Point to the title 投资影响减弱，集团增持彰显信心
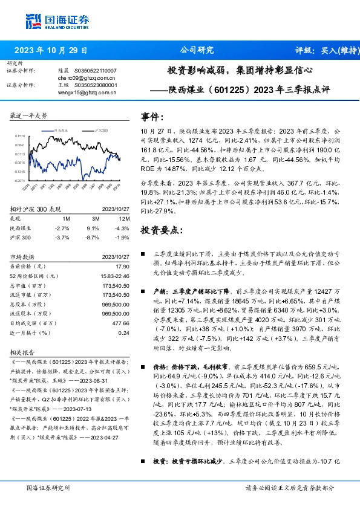pyautogui.click(x=240, y=70)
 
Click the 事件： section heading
pyautogui.click(x=152, y=117)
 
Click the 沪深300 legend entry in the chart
pyautogui.click(x=102, y=130)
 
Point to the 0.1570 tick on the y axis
pyautogui.click(x=20, y=137)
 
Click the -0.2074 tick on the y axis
pyautogui.click(x=20, y=180)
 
